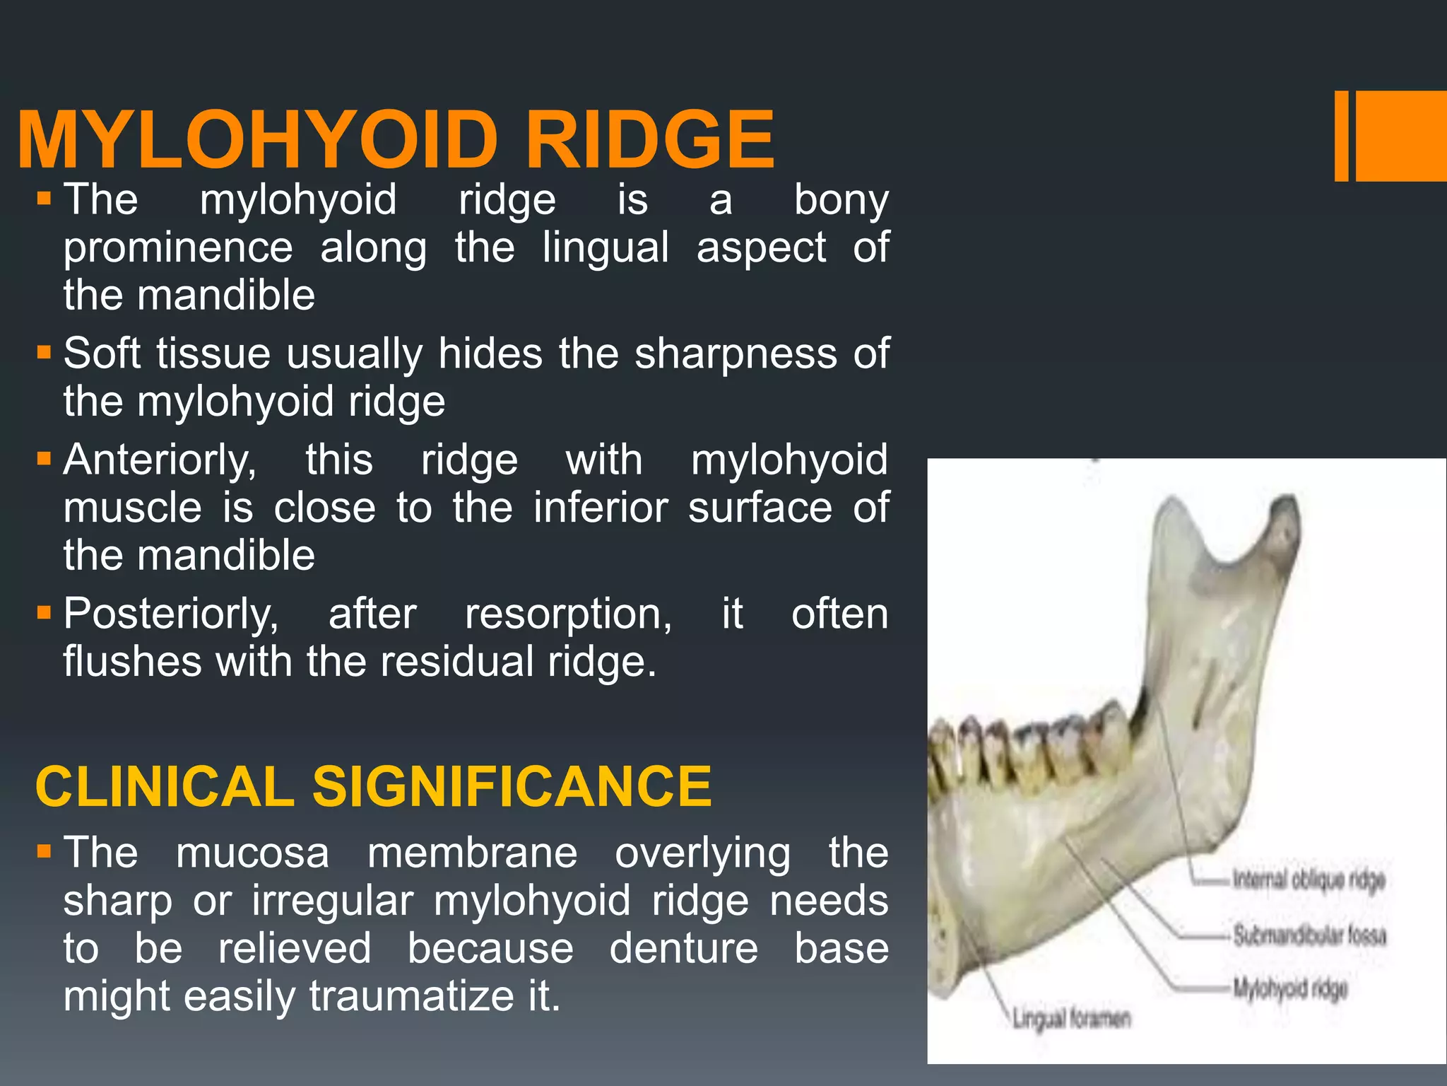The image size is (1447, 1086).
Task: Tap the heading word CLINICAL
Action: (165, 786)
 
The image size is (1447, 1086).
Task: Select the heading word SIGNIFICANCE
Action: (512, 786)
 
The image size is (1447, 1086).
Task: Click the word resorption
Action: (568, 614)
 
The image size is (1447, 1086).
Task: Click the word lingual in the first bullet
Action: (606, 247)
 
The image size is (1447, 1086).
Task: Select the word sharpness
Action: (736, 354)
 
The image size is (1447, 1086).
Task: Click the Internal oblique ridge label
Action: (1309, 880)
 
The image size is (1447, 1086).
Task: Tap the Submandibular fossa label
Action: (1309, 935)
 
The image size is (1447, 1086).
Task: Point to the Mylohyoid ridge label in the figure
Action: (1290, 988)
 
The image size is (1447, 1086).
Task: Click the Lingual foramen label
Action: (1071, 1019)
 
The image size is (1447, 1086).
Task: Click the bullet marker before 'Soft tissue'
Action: (45, 351)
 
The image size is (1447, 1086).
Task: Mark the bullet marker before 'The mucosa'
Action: (45, 851)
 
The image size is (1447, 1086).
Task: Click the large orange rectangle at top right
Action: (1402, 136)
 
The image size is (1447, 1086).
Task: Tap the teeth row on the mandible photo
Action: (1024, 749)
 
